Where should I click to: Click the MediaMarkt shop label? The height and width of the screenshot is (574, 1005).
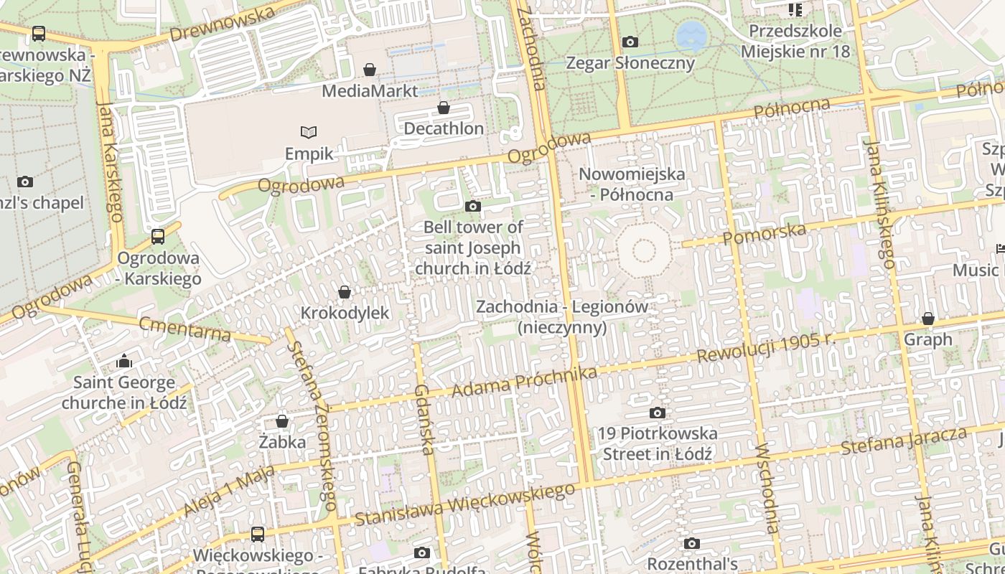coord(370,91)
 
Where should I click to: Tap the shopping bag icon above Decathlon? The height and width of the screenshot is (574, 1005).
coord(444,108)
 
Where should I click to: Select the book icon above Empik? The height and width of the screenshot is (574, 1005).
coord(309,133)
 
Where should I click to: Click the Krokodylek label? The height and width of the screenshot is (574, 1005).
coord(345,313)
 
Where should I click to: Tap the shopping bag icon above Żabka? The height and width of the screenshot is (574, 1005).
coord(282,421)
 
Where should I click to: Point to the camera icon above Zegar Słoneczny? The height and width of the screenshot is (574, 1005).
coord(630,42)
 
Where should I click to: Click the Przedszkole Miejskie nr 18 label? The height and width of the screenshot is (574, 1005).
coord(795,42)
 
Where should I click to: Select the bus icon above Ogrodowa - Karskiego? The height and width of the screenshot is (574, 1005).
coord(158,236)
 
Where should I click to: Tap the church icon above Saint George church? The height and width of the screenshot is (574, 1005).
coord(124,360)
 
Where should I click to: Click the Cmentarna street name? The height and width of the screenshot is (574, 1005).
coord(185,328)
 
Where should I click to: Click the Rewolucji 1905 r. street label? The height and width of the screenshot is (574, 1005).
coord(767,347)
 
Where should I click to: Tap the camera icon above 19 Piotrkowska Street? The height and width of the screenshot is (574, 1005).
coord(657,413)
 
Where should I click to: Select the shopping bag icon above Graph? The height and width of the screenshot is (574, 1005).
coord(928,319)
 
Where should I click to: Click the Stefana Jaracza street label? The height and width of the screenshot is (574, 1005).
coord(904,441)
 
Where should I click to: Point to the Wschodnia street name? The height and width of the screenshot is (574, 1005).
coord(767,488)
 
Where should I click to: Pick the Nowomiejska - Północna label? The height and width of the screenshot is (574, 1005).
coord(632,184)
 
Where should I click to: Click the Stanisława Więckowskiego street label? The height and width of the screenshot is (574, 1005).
coord(465,504)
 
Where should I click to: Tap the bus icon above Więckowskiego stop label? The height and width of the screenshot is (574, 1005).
coord(257,534)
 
